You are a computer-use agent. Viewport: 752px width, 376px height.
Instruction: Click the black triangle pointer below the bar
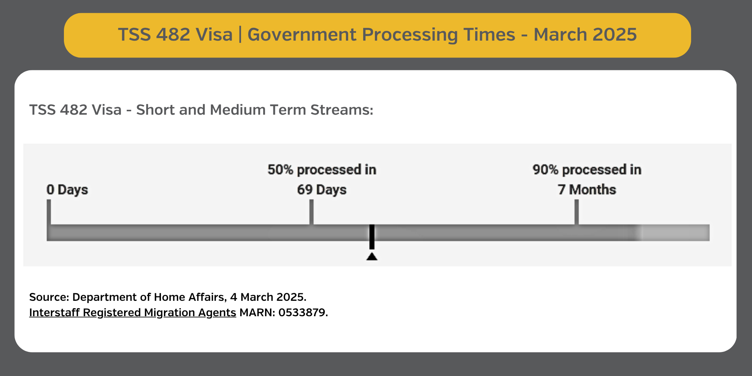(x=372, y=257)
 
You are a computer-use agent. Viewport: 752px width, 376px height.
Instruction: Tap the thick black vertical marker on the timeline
(x=372, y=237)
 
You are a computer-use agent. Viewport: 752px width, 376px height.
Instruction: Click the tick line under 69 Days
(x=311, y=212)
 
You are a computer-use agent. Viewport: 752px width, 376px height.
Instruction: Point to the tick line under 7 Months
(x=576, y=212)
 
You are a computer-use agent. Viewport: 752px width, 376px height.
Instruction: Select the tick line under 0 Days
(x=49, y=212)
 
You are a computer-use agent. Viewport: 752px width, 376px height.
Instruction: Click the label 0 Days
(x=67, y=190)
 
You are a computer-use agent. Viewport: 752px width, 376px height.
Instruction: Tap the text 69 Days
(x=322, y=190)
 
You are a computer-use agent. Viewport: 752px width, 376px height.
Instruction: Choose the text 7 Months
(x=587, y=190)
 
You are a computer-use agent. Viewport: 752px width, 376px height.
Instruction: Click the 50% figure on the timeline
(x=280, y=170)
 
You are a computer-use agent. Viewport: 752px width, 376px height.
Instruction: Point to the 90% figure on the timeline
(x=545, y=170)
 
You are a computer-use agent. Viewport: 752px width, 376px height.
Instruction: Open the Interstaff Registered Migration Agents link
(x=133, y=312)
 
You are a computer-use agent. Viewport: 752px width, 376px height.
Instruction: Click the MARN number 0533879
(x=302, y=312)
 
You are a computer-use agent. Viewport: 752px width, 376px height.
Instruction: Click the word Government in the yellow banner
(x=302, y=35)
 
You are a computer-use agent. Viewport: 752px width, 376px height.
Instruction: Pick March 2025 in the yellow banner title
(x=585, y=35)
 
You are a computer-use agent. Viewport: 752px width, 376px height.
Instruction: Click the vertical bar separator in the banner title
(x=240, y=35)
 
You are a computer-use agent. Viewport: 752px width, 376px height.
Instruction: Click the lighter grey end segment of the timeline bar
(x=675, y=233)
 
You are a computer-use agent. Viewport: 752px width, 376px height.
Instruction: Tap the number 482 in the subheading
(x=74, y=110)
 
